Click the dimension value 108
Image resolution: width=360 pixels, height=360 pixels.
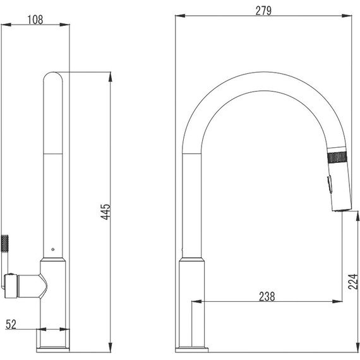click(35, 20)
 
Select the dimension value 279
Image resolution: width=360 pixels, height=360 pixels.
click(263, 11)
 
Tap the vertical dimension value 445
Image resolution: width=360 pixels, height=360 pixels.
click(106, 212)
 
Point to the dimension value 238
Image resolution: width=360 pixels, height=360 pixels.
click(267, 296)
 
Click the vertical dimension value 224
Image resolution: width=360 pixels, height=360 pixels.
click(353, 282)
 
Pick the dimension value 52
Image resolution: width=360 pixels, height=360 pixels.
click(11, 325)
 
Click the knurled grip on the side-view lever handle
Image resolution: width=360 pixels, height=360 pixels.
click(5, 243)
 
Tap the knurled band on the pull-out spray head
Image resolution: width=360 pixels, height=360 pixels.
click(337, 157)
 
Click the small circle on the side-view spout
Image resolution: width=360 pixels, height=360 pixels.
click(53, 249)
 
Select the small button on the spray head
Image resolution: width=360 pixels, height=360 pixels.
click(329, 184)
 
